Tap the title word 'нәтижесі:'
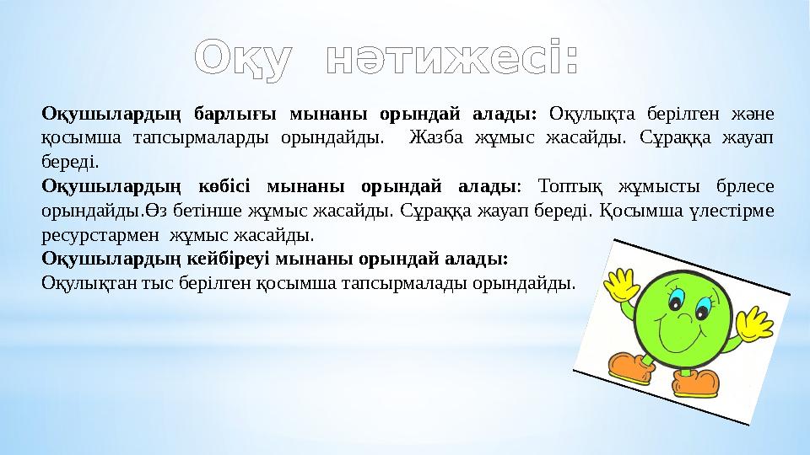click(x=451, y=56)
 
